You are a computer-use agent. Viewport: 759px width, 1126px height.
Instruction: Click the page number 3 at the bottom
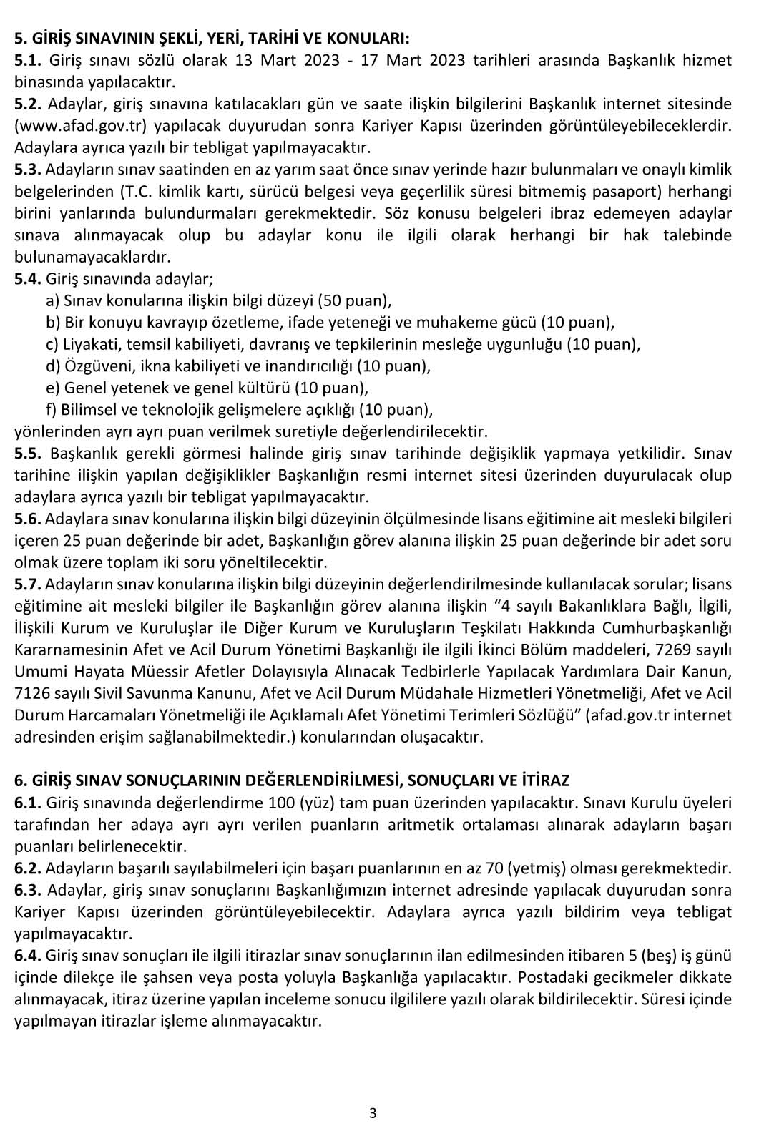pyautogui.click(x=373, y=1113)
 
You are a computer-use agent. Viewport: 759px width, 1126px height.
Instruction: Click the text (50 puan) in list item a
pyautogui.click(x=354, y=300)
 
